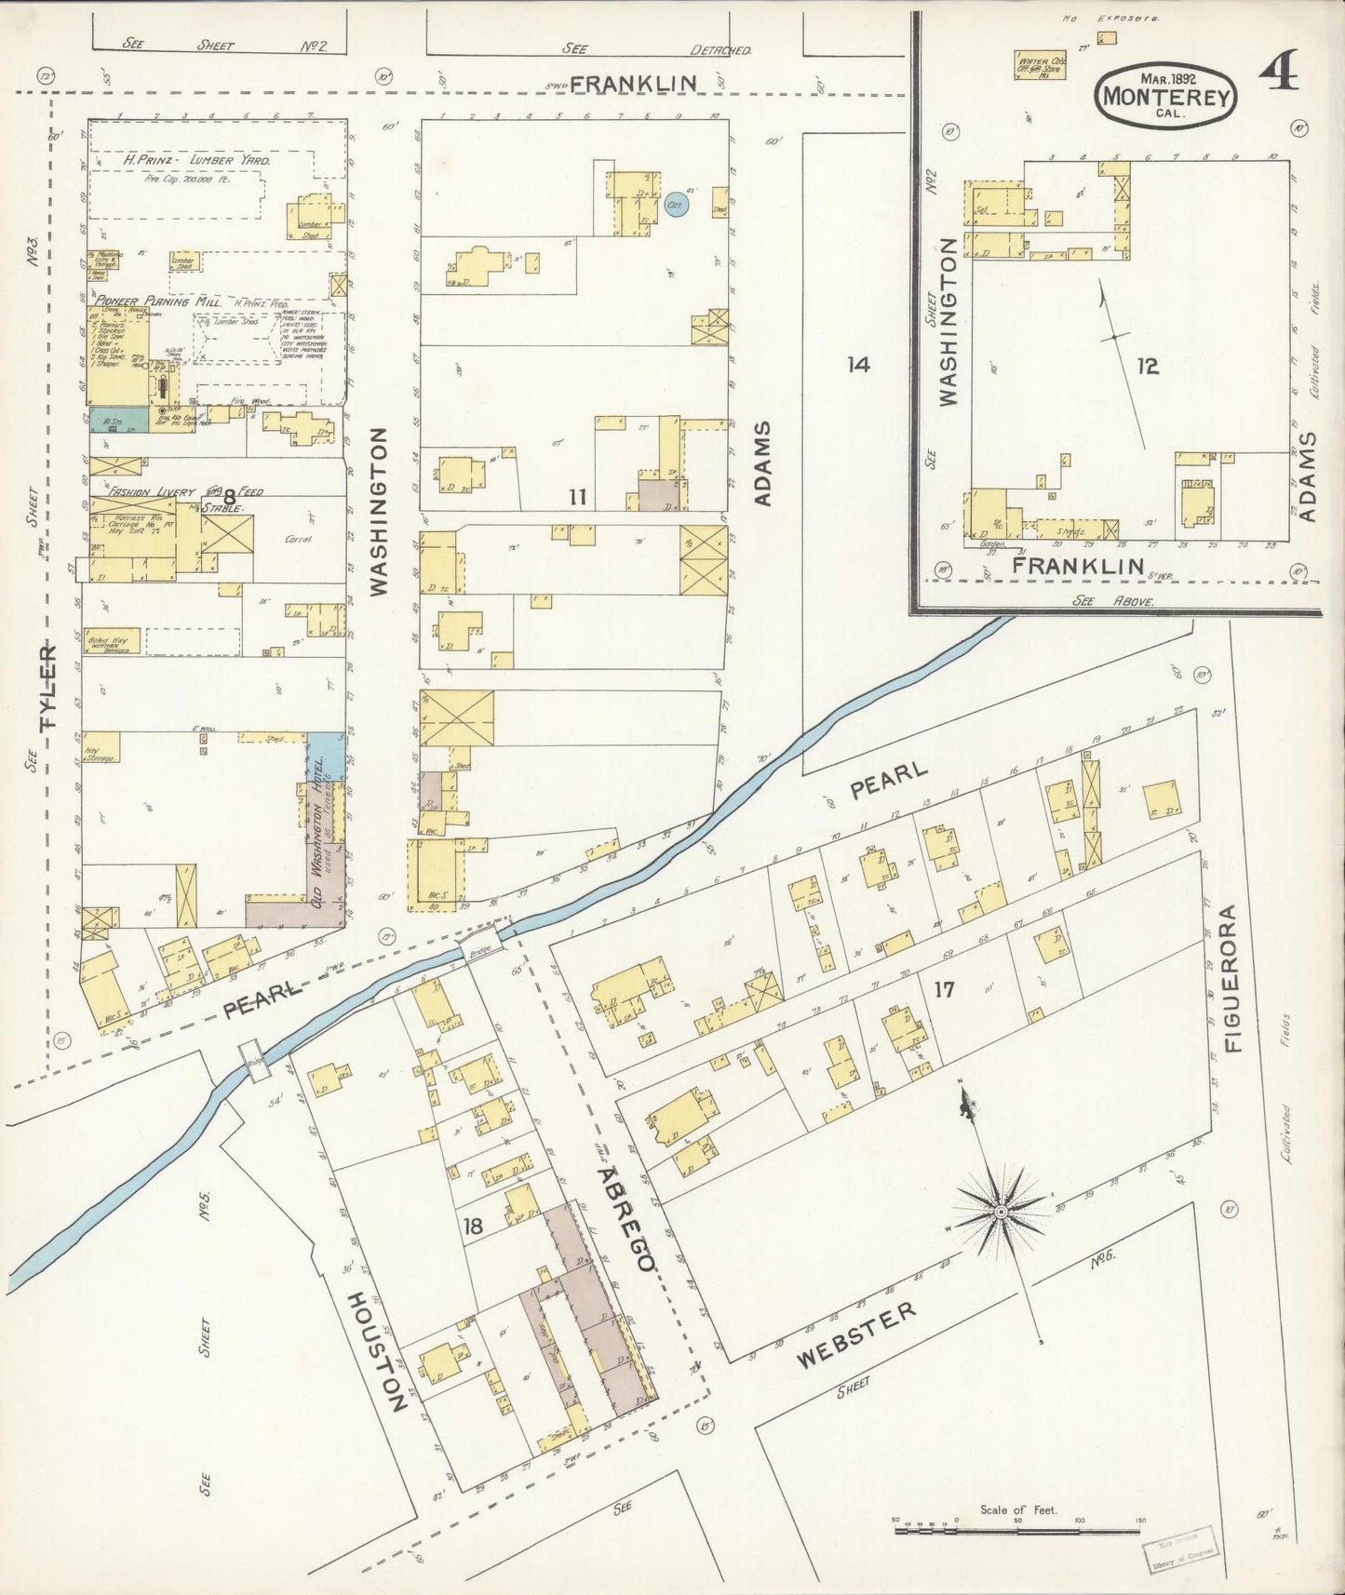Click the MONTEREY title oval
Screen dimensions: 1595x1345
1168,95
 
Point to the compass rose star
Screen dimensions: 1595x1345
1001,1212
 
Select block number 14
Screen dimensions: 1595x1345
858,364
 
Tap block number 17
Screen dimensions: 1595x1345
944,989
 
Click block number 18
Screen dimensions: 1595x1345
473,1226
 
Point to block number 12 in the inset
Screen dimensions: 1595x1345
1148,366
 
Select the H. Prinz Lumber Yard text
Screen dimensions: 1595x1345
197,160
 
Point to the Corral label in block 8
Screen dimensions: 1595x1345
298,539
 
